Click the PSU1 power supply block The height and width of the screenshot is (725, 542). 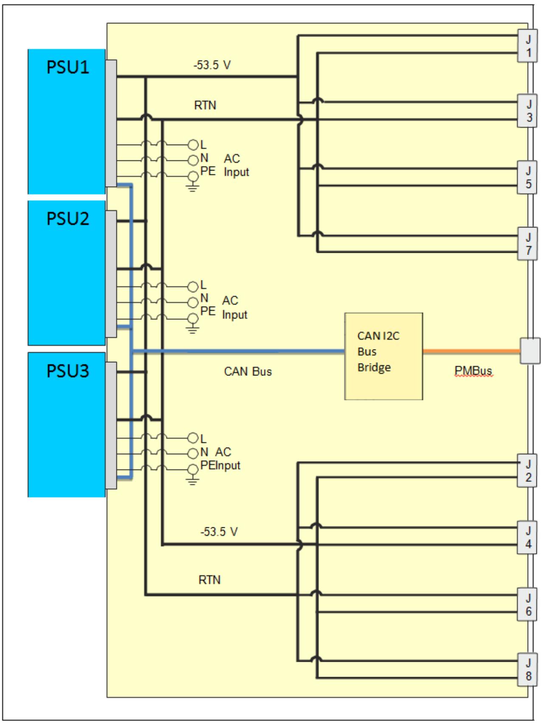coord(67,121)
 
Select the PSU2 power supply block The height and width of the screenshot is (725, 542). coord(67,273)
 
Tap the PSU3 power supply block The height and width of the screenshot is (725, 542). coord(67,425)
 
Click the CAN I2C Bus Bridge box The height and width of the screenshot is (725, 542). coord(384,356)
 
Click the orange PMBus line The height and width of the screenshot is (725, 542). coord(471,351)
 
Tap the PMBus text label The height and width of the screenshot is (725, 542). coord(473,371)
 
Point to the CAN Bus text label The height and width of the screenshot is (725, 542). coord(248,372)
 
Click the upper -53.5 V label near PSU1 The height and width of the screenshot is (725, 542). coord(212,65)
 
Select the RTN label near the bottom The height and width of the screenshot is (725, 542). coord(209,580)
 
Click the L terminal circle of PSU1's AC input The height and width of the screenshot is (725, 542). coord(193,145)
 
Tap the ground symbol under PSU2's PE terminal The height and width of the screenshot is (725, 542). coord(192,330)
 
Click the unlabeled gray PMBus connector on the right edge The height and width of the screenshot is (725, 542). coord(530,351)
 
